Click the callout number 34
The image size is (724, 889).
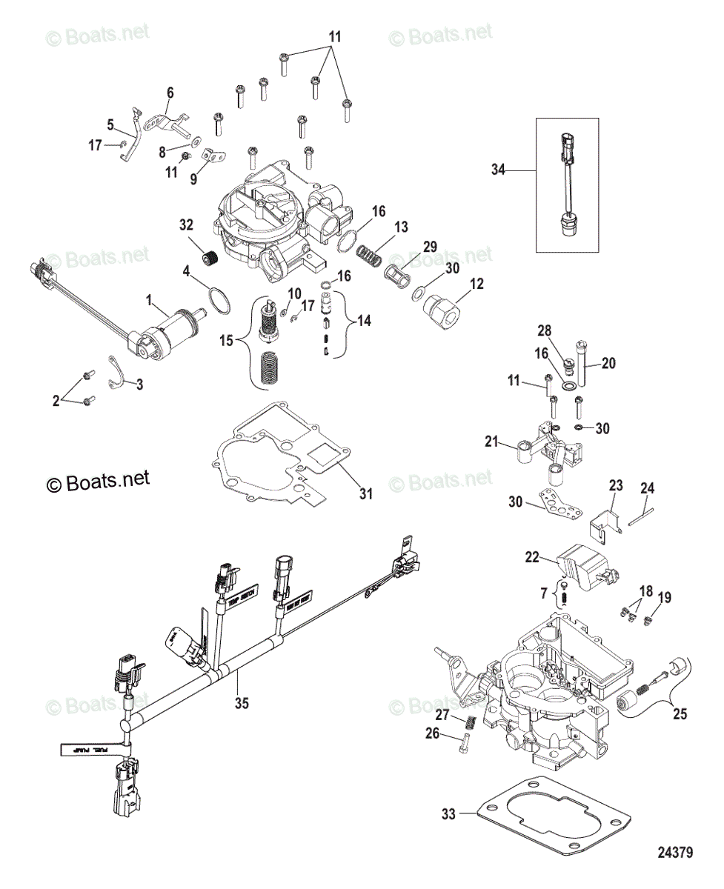497,170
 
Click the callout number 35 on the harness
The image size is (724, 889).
242,704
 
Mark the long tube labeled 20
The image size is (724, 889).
583,364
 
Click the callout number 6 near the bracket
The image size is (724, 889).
170,93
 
